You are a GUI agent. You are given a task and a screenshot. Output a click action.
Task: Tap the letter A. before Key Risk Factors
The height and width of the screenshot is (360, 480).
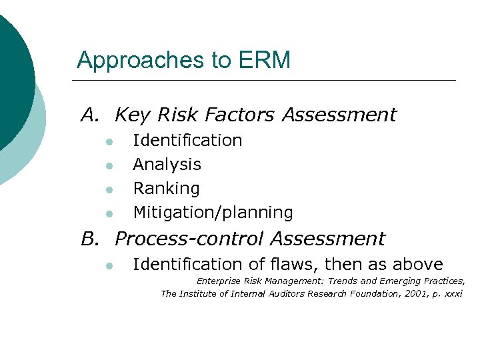(91, 115)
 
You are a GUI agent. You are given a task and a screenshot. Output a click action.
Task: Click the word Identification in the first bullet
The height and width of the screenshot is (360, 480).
(187, 141)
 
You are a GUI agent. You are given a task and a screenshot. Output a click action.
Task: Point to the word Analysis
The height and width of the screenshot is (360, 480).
(167, 165)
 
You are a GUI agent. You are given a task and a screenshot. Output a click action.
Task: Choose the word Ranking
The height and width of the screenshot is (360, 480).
(166, 189)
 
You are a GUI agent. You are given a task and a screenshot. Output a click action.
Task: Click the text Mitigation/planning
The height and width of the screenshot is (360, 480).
(213, 213)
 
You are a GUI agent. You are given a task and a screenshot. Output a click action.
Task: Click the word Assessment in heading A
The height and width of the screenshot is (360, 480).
(339, 115)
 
